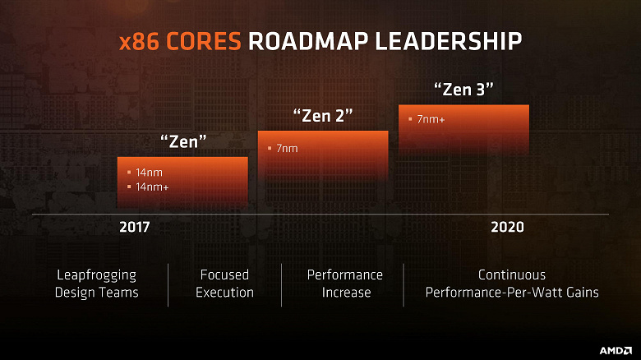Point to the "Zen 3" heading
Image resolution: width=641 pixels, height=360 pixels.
click(463, 89)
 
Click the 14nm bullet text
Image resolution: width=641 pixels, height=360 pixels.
click(148, 173)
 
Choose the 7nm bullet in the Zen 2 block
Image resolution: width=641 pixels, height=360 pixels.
click(287, 149)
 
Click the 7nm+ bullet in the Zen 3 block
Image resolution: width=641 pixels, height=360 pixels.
click(431, 120)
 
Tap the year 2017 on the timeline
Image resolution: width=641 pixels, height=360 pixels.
click(134, 228)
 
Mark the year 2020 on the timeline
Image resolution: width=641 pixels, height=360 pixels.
click(507, 228)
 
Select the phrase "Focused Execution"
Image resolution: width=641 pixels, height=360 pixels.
click(224, 284)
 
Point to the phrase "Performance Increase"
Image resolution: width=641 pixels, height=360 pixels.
click(345, 284)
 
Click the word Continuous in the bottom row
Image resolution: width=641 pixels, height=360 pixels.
click(512, 275)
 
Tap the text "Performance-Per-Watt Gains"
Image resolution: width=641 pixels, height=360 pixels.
click(512, 293)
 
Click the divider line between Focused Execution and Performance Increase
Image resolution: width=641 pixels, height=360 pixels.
click(282, 284)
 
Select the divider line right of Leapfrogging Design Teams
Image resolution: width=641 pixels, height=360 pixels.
click(168, 284)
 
